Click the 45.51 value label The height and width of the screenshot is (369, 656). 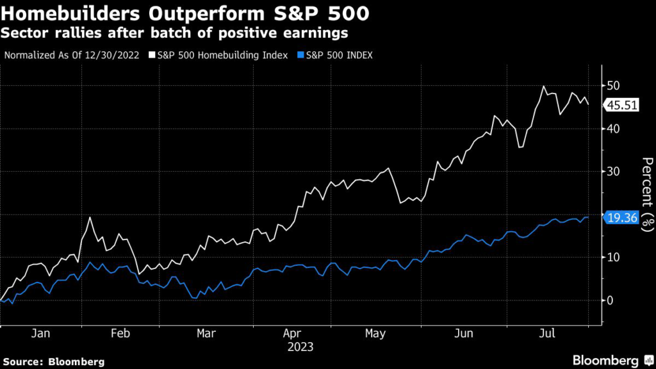pos(623,106)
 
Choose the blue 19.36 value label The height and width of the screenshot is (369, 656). pos(623,218)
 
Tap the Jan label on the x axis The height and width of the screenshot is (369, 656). pos(40,333)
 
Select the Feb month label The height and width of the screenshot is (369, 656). pos(120,333)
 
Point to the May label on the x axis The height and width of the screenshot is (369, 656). pos(375,333)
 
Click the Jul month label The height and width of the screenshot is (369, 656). pos(547,333)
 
